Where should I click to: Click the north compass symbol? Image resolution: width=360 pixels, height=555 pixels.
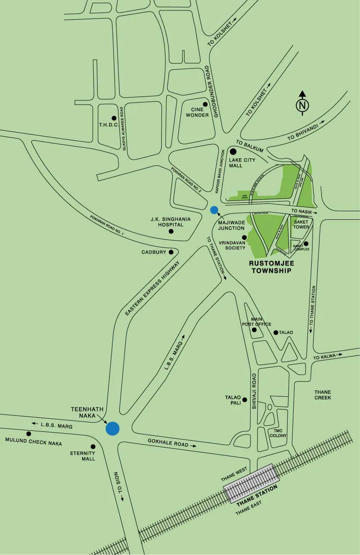coord(302,104)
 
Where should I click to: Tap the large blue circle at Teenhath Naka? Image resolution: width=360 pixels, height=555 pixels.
coord(112,428)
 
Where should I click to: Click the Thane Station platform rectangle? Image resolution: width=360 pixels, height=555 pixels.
coord(250,483)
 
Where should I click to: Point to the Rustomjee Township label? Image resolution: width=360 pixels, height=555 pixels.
coord(271,267)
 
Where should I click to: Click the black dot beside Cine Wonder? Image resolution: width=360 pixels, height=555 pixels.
coord(205,104)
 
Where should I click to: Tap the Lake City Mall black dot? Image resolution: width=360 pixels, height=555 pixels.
coord(233,151)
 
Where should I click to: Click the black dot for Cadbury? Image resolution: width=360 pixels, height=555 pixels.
coord(171,252)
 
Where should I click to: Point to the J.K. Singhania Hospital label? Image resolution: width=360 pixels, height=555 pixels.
coord(170,221)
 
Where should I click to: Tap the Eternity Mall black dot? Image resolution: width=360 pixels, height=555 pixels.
coord(93,446)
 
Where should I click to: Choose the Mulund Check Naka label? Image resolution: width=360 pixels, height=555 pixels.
coord(33,441)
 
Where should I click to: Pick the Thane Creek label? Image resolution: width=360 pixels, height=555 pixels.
coord(322,395)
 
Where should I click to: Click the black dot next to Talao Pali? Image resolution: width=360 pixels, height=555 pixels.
coord(245,400)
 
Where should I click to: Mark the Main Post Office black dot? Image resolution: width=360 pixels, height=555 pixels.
coord(254,330)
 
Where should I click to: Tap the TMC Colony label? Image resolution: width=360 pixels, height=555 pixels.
coord(277,433)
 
